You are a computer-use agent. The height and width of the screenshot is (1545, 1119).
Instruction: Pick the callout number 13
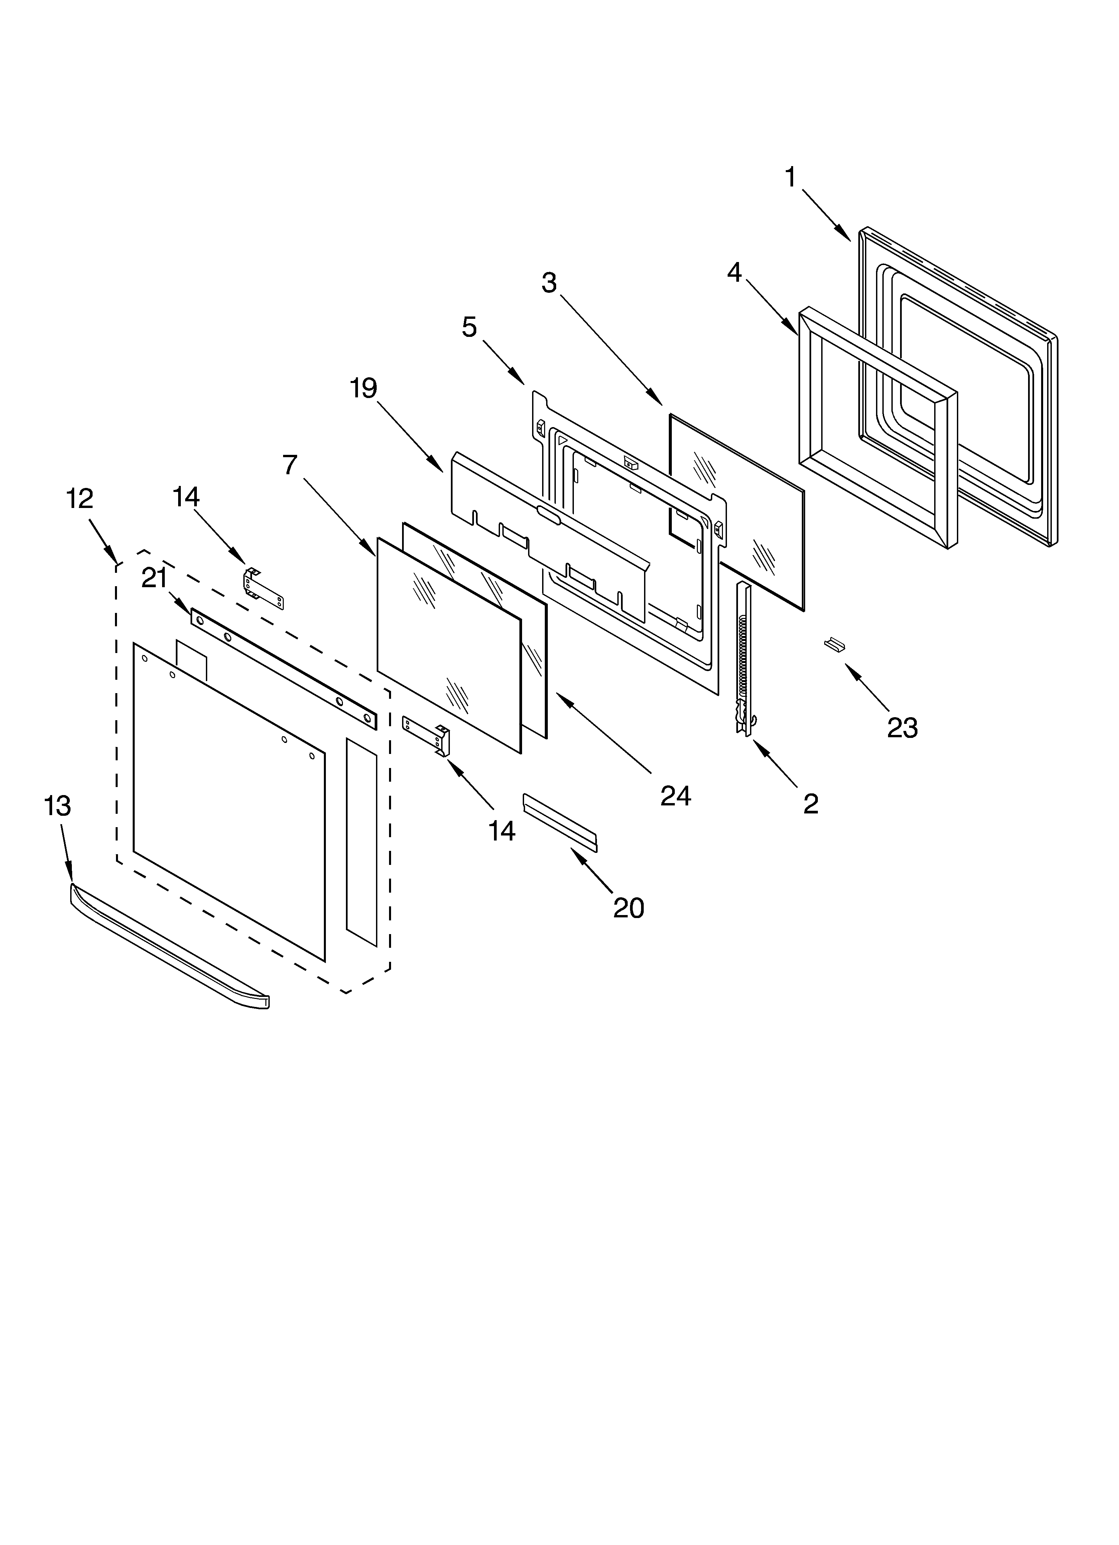(x=57, y=806)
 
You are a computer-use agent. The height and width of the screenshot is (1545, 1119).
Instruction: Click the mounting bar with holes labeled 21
(x=283, y=668)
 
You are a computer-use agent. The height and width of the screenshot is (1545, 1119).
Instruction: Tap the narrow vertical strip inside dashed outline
(x=361, y=842)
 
